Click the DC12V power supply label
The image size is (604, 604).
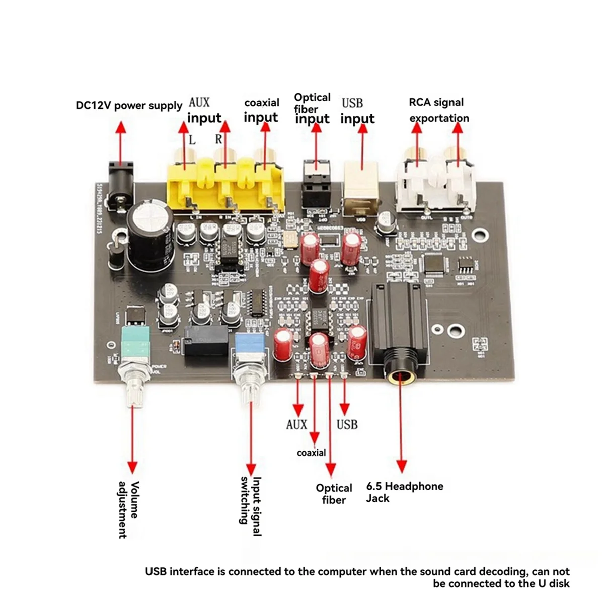click(129, 106)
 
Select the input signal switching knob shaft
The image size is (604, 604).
click(250, 388)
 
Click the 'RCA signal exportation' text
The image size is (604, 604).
click(437, 110)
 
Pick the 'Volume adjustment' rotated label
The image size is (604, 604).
click(129, 509)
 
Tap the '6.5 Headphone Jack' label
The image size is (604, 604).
click(404, 492)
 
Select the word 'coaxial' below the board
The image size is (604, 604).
click(311, 452)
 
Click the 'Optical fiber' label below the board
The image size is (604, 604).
click(334, 494)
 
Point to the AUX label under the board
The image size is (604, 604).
click(296, 424)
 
